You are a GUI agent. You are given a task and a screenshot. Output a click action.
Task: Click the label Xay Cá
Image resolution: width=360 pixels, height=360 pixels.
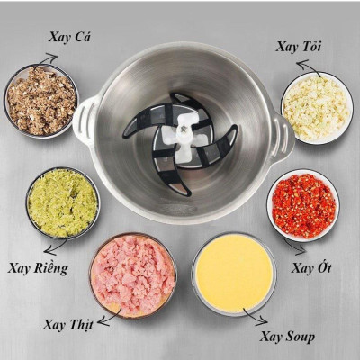pyautogui.click(x=70, y=37)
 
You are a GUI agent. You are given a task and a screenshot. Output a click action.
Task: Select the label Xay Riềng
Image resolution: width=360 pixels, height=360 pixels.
pyautogui.click(x=38, y=267)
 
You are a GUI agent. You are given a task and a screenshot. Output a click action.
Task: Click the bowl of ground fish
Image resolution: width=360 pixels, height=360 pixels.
pyautogui.click(x=40, y=99)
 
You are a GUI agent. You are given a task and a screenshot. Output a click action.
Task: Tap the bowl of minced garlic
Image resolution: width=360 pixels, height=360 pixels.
pyautogui.click(x=315, y=107)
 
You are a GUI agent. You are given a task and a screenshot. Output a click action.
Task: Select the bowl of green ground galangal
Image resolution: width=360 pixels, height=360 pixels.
pyautogui.click(x=62, y=202)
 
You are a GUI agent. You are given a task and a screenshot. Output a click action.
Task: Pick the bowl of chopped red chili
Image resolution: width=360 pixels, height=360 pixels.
pyautogui.click(x=303, y=204)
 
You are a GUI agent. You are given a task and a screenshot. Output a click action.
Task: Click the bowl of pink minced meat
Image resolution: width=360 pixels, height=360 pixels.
pyautogui.click(x=133, y=274)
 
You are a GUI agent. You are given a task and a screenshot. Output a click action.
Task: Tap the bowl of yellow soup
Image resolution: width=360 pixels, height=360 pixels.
pyautogui.click(x=234, y=273)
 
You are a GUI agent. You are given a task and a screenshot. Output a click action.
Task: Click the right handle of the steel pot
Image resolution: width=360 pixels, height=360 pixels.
pyautogui.click(x=284, y=134)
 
